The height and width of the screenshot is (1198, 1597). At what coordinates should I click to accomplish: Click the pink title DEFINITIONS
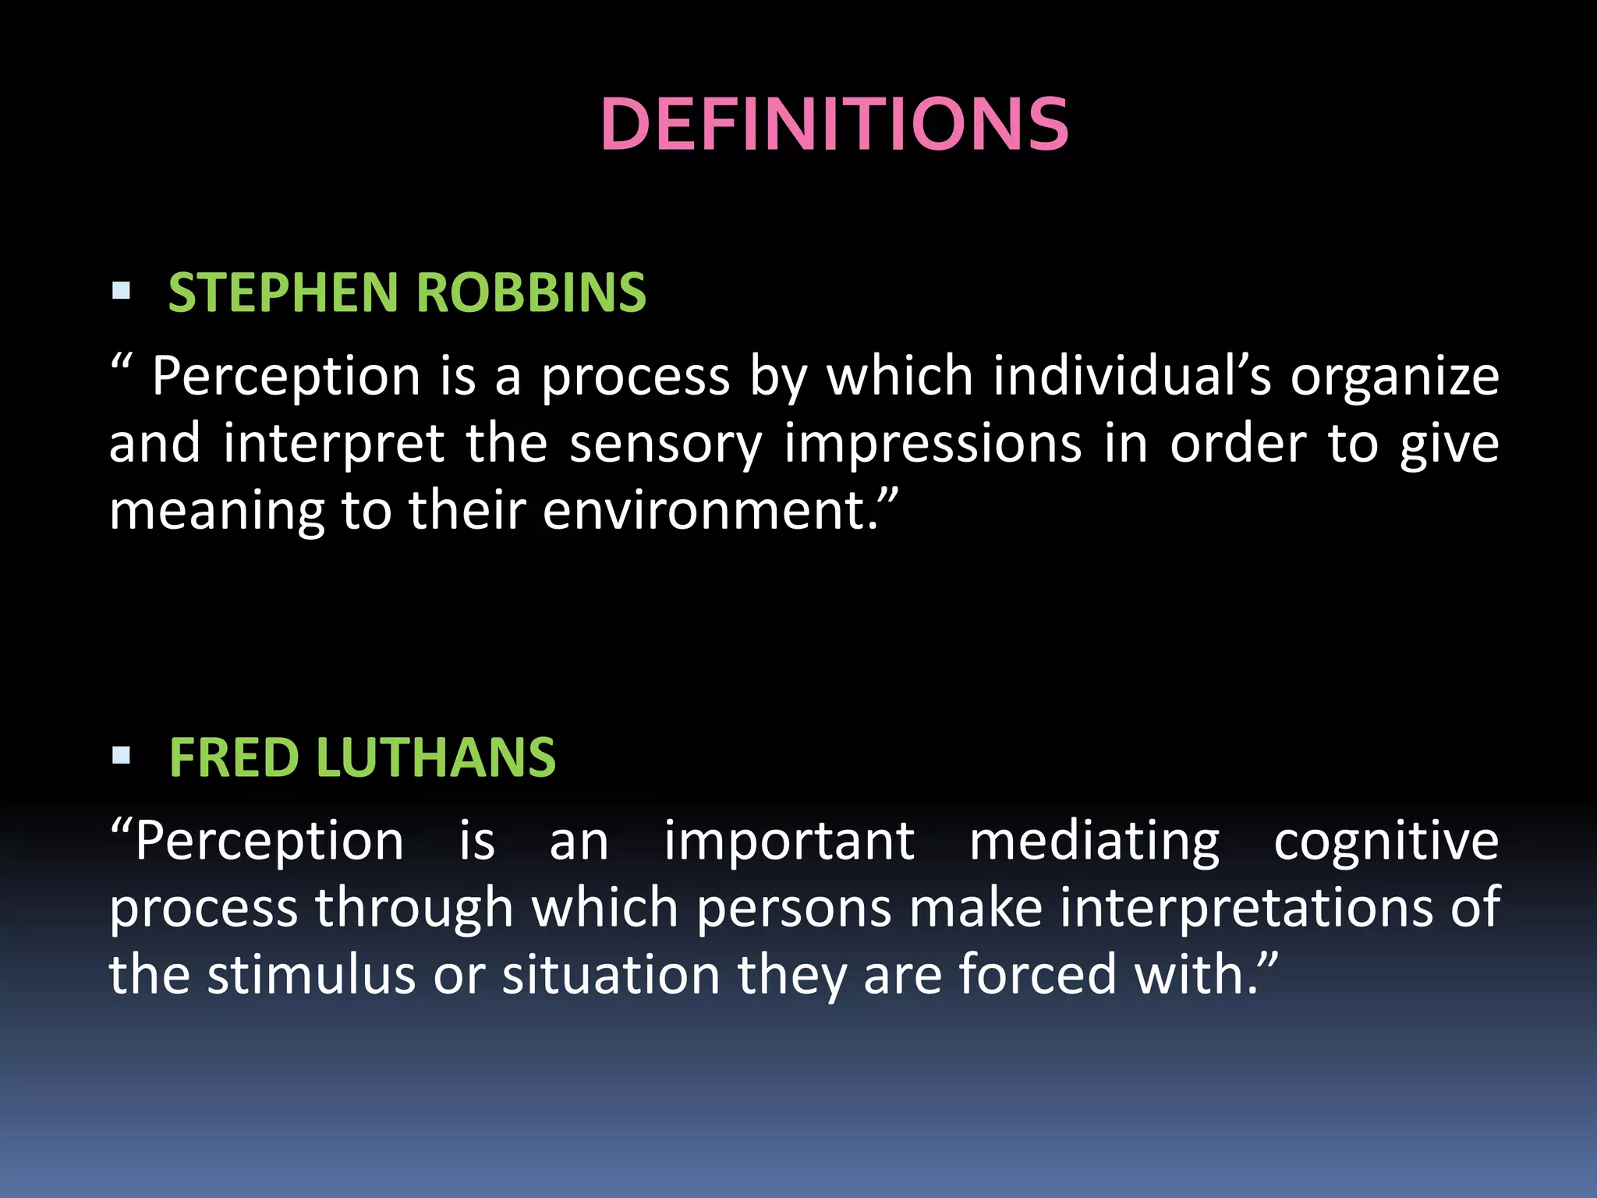(834, 125)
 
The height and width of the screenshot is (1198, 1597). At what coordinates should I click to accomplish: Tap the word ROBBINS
(531, 293)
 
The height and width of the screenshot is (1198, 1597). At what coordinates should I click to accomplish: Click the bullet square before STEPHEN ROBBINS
(121, 292)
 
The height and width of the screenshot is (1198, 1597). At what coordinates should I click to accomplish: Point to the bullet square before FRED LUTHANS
(121, 755)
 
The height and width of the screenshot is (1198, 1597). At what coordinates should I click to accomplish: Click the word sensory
(665, 445)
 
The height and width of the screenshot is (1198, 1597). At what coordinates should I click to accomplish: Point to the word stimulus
(311, 975)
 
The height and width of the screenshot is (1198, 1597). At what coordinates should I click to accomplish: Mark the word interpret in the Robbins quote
(334, 445)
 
